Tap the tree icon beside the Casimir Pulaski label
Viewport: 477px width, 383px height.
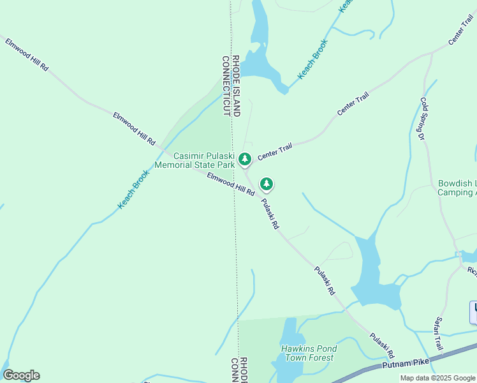point(244,158)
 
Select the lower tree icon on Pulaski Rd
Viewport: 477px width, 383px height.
point(267,184)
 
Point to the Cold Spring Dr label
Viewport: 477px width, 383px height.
point(423,118)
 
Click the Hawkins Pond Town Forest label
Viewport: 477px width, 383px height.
point(309,354)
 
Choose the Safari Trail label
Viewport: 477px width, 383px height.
point(438,334)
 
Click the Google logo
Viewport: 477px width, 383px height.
point(21,375)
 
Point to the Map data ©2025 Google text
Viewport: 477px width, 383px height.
point(438,378)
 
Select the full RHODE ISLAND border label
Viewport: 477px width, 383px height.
point(235,85)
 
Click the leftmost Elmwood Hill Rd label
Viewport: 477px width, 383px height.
point(27,54)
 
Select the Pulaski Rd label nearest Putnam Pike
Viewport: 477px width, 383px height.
point(383,345)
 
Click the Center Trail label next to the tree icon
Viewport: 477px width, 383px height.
point(275,152)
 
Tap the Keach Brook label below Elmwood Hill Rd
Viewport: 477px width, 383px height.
point(133,189)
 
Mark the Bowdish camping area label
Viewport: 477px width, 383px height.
point(457,188)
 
